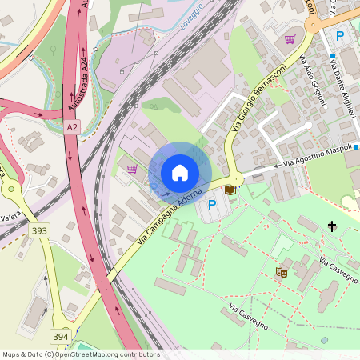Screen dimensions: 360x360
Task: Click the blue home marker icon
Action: pyautogui.click(x=180, y=172)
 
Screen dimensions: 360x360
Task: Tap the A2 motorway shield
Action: pyautogui.click(x=73, y=127)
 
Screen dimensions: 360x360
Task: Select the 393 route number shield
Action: pyautogui.click(x=38, y=230)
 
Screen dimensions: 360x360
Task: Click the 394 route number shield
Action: pyautogui.click(x=61, y=337)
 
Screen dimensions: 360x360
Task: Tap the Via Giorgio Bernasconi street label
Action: pyautogui.click(x=258, y=98)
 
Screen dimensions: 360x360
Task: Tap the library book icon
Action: pyautogui.click(x=231, y=190)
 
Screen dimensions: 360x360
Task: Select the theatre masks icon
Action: pyautogui.click(x=282, y=273)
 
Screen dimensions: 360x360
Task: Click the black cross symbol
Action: pyautogui.click(x=332, y=227)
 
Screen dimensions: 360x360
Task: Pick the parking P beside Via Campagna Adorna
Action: pyautogui.click(x=212, y=205)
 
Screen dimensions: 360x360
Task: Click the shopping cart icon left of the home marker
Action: pyautogui.click(x=131, y=168)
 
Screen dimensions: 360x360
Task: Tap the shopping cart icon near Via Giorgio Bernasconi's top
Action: pyautogui.click(x=290, y=38)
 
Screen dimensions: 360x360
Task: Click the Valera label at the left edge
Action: pyautogui.click(x=10, y=216)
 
